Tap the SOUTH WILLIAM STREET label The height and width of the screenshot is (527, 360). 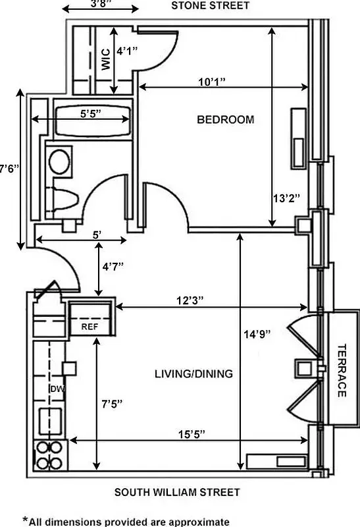tap(176, 492)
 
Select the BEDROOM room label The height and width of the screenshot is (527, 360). tap(225, 119)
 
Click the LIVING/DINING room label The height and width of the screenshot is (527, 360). tap(193, 374)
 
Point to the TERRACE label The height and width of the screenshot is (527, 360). tap(342, 370)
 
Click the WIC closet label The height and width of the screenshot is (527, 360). tap(105, 60)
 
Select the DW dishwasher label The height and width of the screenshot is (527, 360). tap(56, 389)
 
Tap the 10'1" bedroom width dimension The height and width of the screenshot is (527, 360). tap(212, 82)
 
